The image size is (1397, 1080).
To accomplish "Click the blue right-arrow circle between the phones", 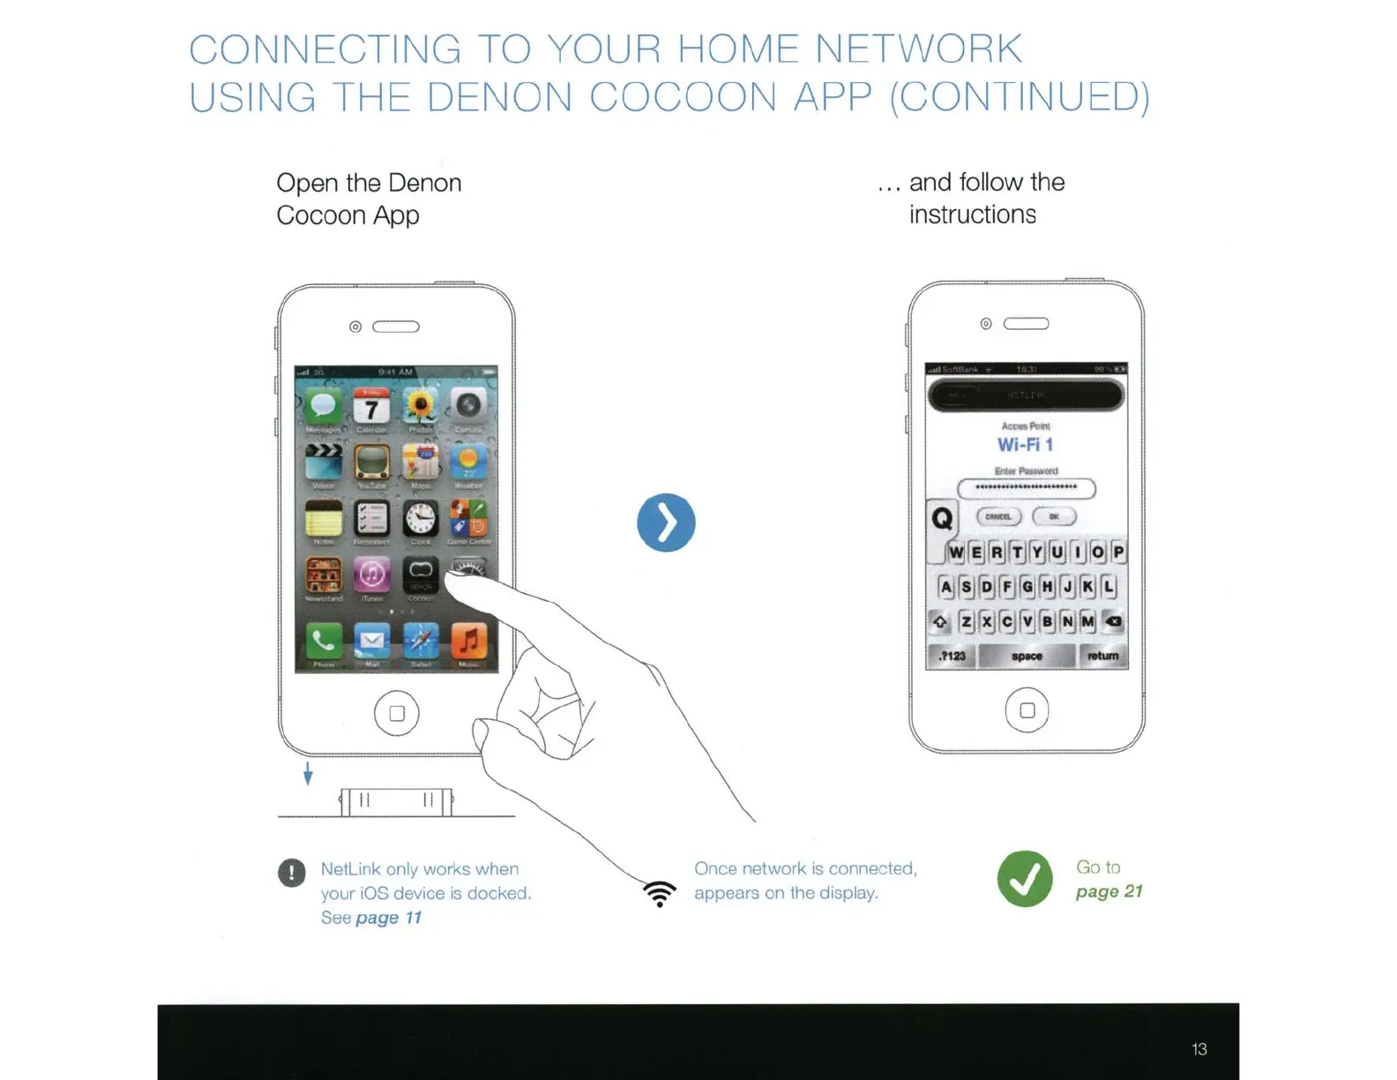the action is point(666,522).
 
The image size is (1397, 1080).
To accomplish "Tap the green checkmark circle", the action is point(1025,879).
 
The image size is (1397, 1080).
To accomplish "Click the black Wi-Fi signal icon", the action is point(660,893).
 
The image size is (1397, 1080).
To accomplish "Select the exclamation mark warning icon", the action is point(292,873).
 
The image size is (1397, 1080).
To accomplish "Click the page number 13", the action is point(1199,1049).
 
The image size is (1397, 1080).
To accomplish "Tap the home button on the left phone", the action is point(396,713).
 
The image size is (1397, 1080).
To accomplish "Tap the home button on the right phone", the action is point(1027,710).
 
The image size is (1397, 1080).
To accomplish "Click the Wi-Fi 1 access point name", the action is point(1026,445).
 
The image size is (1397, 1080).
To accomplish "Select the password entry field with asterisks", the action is point(1027,488).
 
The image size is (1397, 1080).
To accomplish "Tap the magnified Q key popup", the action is point(942,518).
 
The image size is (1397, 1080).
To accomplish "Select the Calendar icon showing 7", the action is point(371,409).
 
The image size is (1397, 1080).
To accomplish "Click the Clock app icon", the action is point(421,520).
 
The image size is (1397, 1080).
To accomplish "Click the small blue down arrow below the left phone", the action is point(308,774).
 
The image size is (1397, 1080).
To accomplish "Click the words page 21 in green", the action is point(1109,891).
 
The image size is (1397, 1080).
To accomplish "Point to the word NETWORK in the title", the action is point(918,49).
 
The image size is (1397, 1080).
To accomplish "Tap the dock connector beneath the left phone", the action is point(396,802).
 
